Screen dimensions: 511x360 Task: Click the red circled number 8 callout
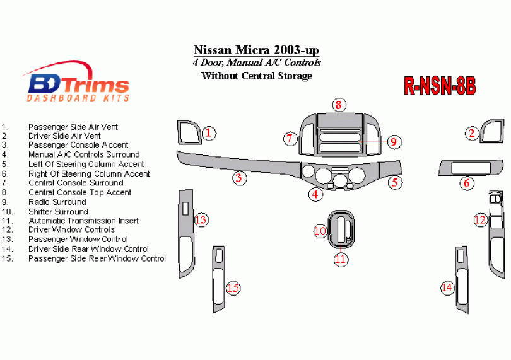click(339, 105)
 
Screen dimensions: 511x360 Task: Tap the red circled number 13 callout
click(201, 219)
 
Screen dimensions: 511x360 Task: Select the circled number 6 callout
click(467, 183)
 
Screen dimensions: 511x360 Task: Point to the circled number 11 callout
click(341, 259)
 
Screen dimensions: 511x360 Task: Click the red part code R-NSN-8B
click(440, 86)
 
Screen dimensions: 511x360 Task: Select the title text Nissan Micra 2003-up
click(256, 50)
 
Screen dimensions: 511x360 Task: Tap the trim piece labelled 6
click(445, 168)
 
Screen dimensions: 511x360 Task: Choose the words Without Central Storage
click(257, 76)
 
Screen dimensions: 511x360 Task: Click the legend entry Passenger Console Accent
click(78, 145)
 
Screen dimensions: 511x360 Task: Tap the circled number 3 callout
click(240, 178)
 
